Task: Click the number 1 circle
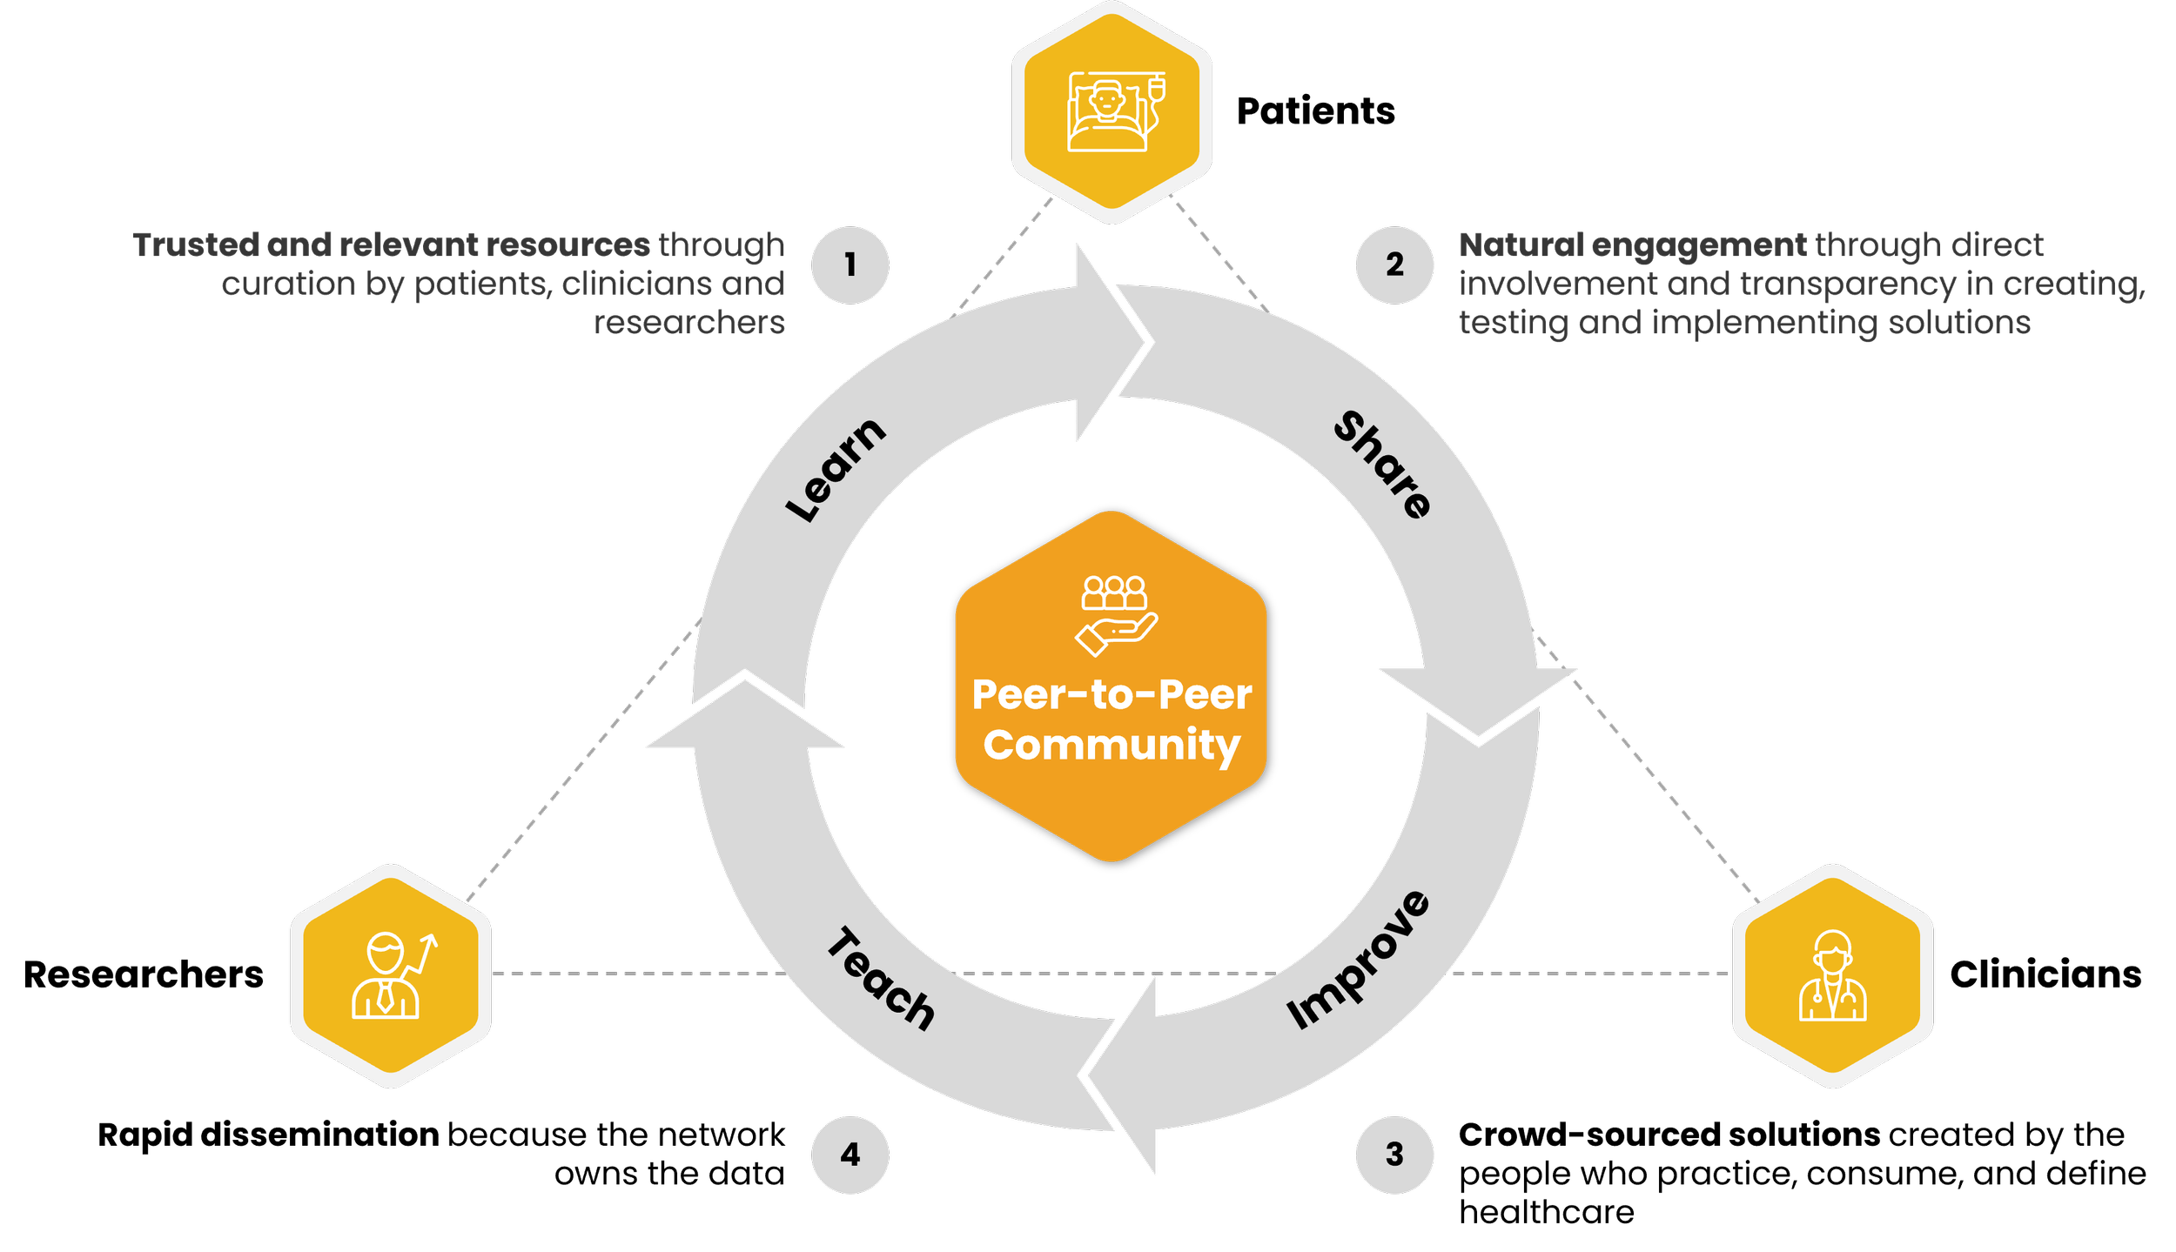pyautogui.click(x=850, y=264)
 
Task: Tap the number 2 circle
pyautogui.click(x=1394, y=264)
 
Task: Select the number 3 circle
pyautogui.click(x=1394, y=1155)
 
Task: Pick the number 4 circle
pyautogui.click(x=850, y=1155)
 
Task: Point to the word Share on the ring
pyautogui.click(x=1383, y=465)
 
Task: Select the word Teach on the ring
pyautogui.click(x=880, y=979)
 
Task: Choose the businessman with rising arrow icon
pyautogui.click(x=392, y=975)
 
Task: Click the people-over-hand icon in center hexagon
pyautogui.click(x=1115, y=614)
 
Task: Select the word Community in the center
pyautogui.click(x=1112, y=745)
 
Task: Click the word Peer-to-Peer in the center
pyautogui.click(x=1112, y=694)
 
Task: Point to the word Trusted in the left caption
pyautogui.click(x=196, y=245)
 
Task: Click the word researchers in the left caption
pyautogui.click(x=688, y=323)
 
